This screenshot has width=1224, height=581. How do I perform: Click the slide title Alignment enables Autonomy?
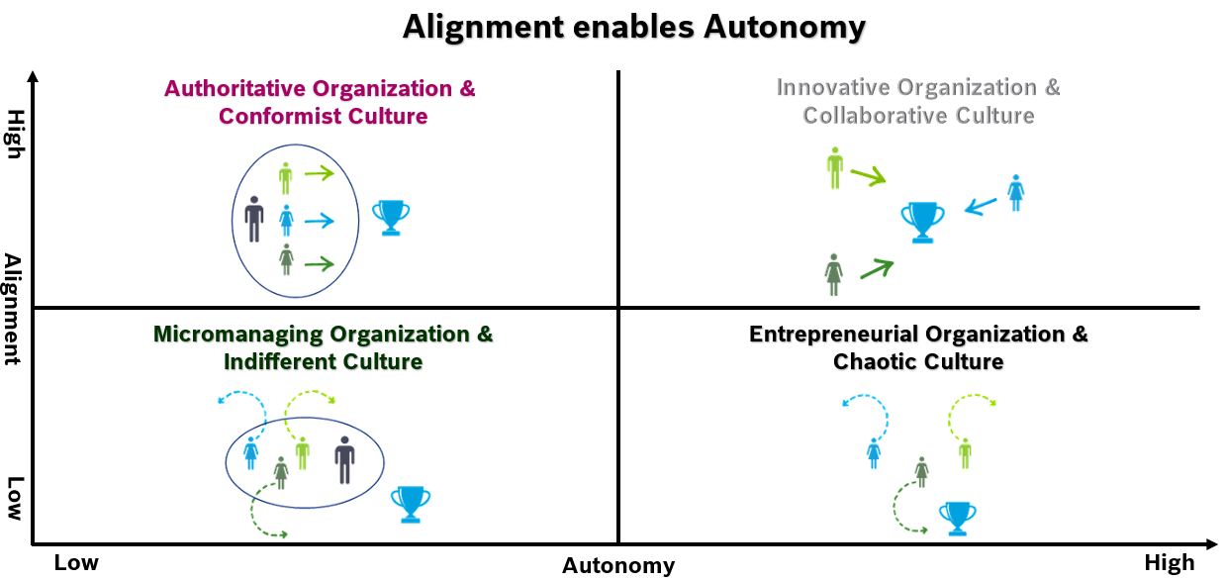tap(633, 27)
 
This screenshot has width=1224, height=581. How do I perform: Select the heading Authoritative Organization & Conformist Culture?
tap(321, 102)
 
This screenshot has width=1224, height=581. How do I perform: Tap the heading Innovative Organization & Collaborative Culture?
tap(917, 101)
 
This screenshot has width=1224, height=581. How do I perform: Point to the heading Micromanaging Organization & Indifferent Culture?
tap(323, 347)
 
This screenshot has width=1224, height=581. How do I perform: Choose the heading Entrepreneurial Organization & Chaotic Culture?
tap(917, 347)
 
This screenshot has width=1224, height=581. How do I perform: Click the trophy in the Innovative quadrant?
tap(922, 222)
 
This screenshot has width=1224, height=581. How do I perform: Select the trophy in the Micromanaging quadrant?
tap(411, 504)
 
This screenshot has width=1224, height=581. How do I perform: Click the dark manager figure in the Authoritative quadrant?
tap(254, 219)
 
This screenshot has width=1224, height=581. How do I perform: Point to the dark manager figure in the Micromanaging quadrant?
tap(344, 460)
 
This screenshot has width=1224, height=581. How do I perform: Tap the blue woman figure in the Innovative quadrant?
tap(1015, 193)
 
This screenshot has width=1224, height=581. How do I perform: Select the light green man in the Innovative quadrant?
tap(835, 168)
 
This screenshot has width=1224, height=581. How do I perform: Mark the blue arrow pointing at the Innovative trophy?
tap(982, 206)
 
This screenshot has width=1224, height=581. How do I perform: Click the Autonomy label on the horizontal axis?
tap(618, 566)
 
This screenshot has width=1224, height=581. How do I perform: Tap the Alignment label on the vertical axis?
tap(13, 310)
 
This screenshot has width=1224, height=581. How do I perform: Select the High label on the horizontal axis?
tap(1169, 563)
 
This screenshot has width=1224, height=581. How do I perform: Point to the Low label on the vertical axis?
tap(14, 498)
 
